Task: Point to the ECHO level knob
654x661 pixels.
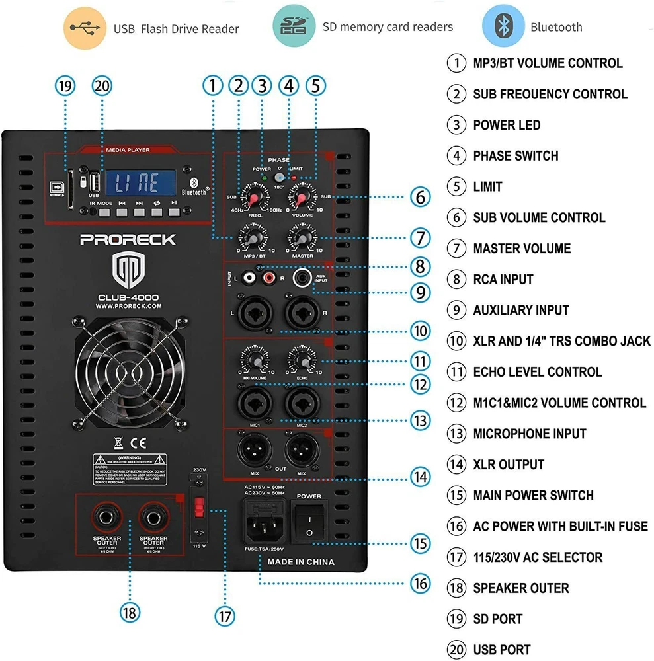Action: click(x=302, y=361)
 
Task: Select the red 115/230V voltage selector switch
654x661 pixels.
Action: click(x=196, y=508)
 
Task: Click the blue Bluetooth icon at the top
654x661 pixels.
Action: click(x=503, y=26)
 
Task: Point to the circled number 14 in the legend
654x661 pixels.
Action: click(x=456, y=464)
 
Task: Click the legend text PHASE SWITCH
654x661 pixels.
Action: click(x=515, y=156)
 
